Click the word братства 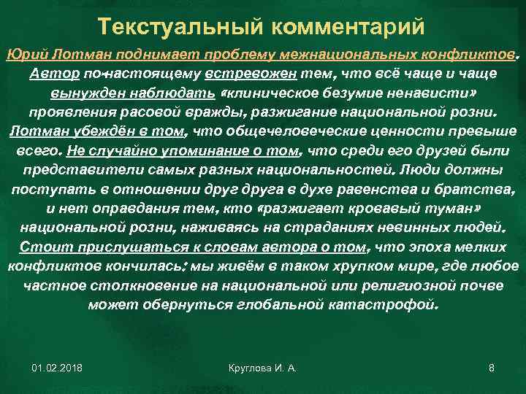pyautogui.click(x=471, y=189)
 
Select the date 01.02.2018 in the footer pyautogui.click(x=57, y=368)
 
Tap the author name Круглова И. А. pyautogui.click(x=262, y=368)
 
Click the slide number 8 pyautogui.click(x=491, y=368)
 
